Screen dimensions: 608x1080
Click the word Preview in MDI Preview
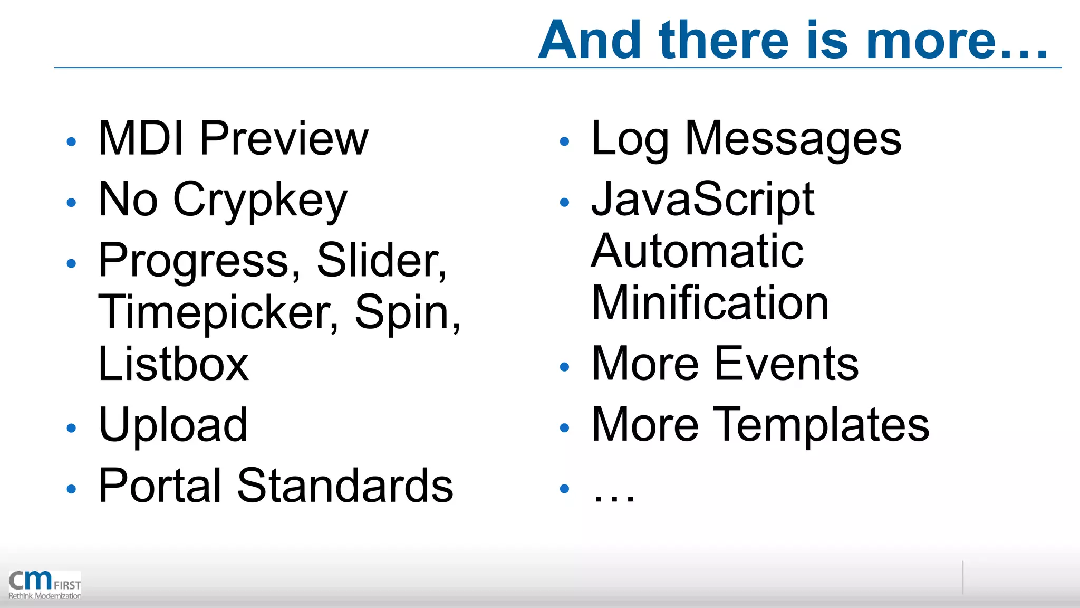pyautogui.click(x=284, y=139)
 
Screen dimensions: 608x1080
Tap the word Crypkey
pyautogui.click(x=260, y=201)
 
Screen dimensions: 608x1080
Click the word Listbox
pyautogui.click(x=173, y=364)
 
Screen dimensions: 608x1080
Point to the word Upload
pyautogui.click(x=173, y=425)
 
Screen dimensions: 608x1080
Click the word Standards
pyautogui.click(x=345, y=486)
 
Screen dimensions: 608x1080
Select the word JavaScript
pyautogui.click(x=702, y=199)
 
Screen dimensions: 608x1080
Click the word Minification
pyautogui.click(x=710, y=303)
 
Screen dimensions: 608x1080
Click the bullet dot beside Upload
pyautogui.click(x=72, y=428)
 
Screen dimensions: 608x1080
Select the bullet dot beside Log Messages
pyautogui.click(x=564, y=141)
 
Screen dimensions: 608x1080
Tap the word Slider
pyautogui.click(x=381, y=261)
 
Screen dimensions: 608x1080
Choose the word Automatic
pyautogui.click(x=697, y=252)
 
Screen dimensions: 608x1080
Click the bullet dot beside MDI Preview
pyautogui.click(x=72, y=141)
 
